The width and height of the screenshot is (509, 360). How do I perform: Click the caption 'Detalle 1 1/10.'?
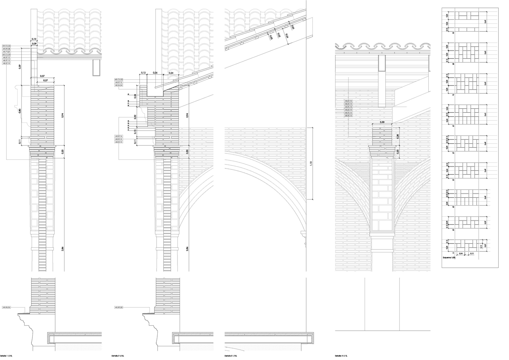tap(6, 356)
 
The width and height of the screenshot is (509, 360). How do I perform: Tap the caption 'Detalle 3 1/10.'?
tap(231, 356)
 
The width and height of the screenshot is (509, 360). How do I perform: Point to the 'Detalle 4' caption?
tap(342, 356)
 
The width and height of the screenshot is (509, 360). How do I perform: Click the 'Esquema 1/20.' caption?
tap(449, 258)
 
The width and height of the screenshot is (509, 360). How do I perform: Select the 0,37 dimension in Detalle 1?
tap(42, 76)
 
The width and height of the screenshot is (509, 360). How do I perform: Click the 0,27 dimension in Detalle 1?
tap(46, 80)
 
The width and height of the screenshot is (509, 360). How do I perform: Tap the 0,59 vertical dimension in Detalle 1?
tap(19, 66)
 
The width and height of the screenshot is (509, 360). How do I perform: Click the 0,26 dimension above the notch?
tap(155, 73)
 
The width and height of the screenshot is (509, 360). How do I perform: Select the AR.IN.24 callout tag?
tap(119, 86)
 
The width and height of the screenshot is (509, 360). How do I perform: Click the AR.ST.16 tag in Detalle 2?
tap(119, 136)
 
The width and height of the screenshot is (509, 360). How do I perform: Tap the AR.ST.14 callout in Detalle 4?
tap(348, 104)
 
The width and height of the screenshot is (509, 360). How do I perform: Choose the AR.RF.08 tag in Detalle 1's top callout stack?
tap(6, 49)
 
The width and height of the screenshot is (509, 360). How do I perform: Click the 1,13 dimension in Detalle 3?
tap(310, 163)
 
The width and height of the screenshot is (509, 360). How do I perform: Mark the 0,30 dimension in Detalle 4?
tap(382, 122)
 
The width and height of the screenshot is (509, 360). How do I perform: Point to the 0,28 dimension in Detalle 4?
tap(398, 136)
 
